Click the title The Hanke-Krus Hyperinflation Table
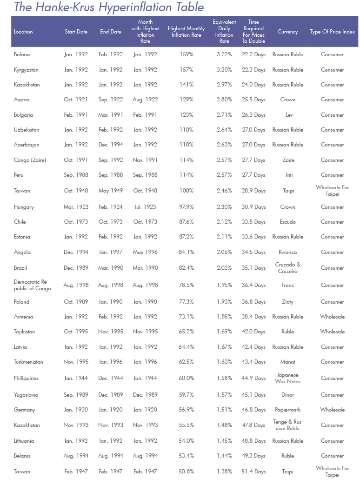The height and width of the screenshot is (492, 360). coord(108,7)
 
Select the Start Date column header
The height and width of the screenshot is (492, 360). coord(76,32)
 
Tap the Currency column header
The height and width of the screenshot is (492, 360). coord(287,32)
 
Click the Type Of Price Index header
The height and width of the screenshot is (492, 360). coord(332,32)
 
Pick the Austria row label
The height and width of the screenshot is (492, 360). coord(22,100)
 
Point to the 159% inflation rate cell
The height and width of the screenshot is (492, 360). coord(187,55)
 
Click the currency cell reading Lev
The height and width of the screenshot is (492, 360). coord(287,115)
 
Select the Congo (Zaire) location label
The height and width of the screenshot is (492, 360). coord(29,160)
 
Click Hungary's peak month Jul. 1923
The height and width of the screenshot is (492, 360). coord(145,207)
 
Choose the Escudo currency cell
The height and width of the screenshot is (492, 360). coord(287,222)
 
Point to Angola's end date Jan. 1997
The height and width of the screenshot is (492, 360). coord(111,253)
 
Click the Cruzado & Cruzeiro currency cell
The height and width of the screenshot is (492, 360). coord(287,268)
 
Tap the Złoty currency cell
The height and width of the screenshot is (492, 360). coord(287,302)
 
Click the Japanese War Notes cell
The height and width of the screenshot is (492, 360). coord(287,378)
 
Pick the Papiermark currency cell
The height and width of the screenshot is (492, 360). coord(287,410)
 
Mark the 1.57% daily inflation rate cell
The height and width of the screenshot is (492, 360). coord(224,395)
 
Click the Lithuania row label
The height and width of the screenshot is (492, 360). coord(24,441)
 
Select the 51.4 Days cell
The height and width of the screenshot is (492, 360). coord(253,472)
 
